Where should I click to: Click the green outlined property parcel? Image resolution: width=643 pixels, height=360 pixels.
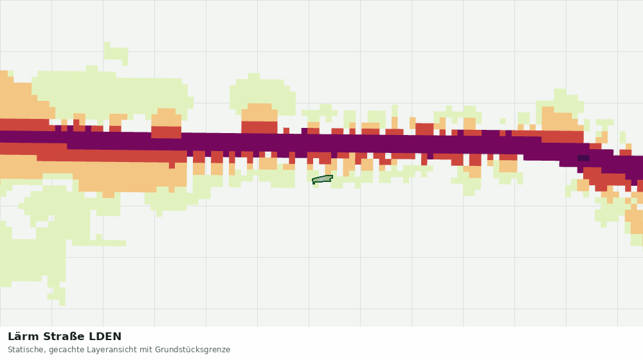(322, 179)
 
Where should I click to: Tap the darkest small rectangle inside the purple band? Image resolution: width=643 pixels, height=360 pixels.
(583, 158)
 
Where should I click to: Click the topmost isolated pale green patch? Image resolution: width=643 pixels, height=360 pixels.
(116, 53)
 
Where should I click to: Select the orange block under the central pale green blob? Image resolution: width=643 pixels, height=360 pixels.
(259, 113)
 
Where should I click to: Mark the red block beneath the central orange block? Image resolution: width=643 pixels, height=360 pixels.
(259, 127)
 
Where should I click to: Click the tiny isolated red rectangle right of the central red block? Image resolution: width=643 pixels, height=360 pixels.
(286, 130)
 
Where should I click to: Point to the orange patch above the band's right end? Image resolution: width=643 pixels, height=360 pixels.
(561, 119)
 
